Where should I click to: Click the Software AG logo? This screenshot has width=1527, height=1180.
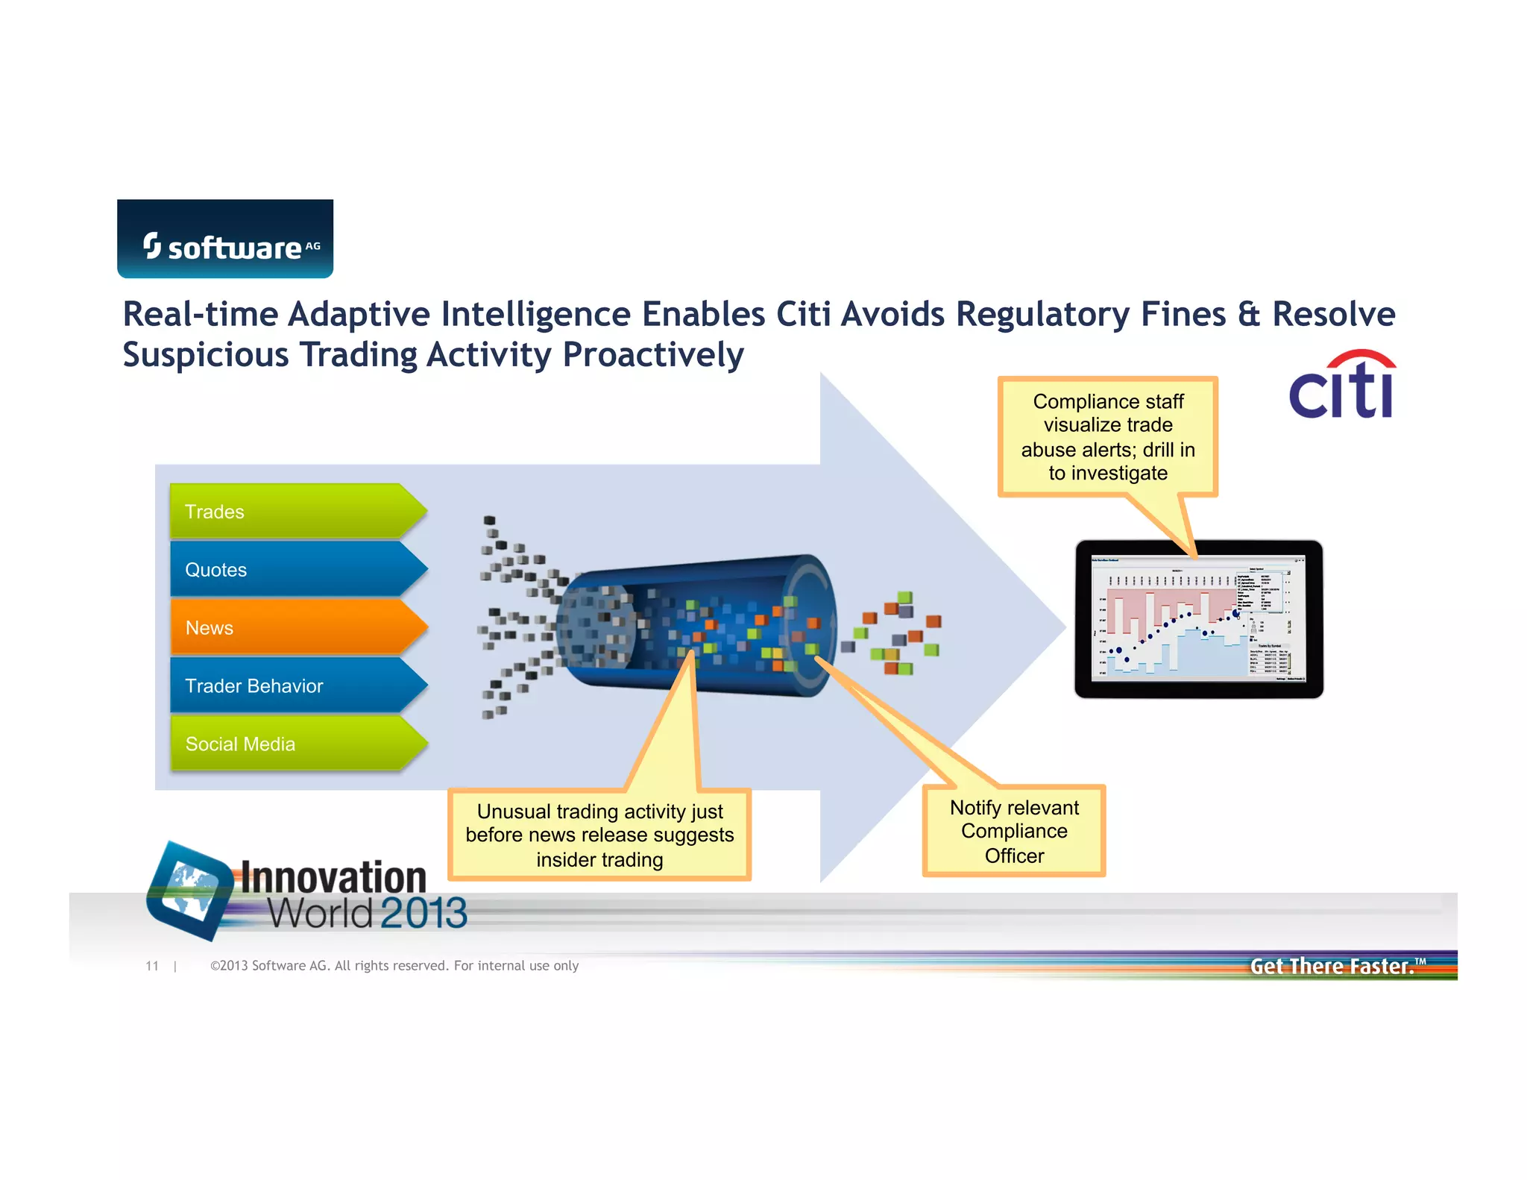(x=225, y=239)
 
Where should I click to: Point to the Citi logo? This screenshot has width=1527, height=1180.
(x=1342, y=386)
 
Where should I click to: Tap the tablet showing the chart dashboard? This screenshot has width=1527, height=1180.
(x=1198, y=619)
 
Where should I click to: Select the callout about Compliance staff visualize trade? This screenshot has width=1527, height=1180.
(x=1108, y=437)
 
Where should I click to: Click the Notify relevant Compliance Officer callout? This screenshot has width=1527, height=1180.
(x=1014, y=831)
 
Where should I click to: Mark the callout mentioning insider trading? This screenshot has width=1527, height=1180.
(x=599, y=835)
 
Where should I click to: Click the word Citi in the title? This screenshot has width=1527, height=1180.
(x=803, y=314)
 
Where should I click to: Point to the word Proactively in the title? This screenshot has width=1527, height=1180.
(x=653, y=355)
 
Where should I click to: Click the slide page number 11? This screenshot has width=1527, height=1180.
(x=152, y=966)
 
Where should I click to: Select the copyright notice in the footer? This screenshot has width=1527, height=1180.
(x=394, y=966)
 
